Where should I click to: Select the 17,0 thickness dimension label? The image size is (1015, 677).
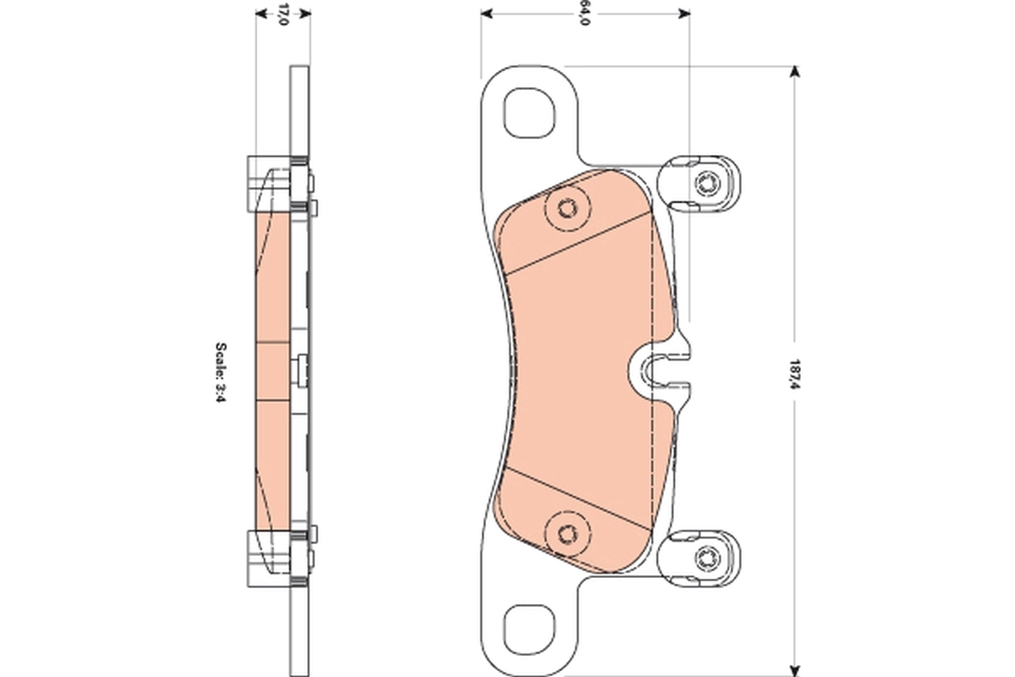click(283, 14)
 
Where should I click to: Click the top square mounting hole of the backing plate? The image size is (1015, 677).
click(530, 113)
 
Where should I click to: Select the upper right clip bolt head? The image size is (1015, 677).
click(707, 182)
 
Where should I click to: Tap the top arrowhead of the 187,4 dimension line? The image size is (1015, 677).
click(793, 71)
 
